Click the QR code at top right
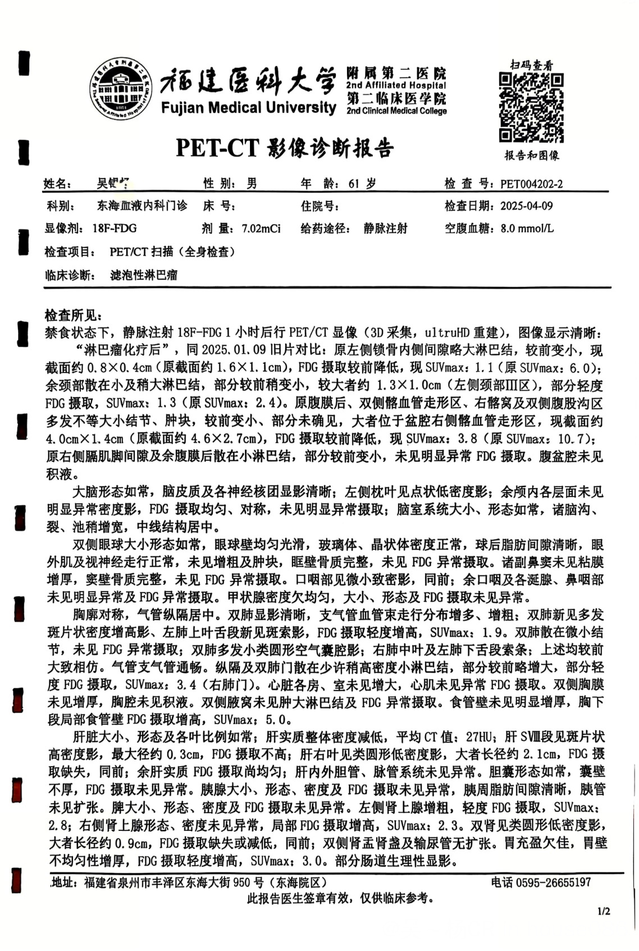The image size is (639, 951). (x=531, y=107)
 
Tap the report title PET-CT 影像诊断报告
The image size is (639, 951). (x=285, y=148)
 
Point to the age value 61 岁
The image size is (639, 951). (x=362, y=184)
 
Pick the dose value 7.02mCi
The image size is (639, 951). (x=261, y=229)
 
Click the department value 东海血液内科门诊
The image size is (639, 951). (x=142, y=206)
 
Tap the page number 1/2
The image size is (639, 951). (x=604, y=911)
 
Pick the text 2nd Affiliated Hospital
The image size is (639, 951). (x=396, y=85)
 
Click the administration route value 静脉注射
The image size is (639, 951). (x=385, y=229)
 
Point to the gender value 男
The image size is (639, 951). (x=252, y=184)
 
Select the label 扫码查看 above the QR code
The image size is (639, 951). (x=531, y=65)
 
